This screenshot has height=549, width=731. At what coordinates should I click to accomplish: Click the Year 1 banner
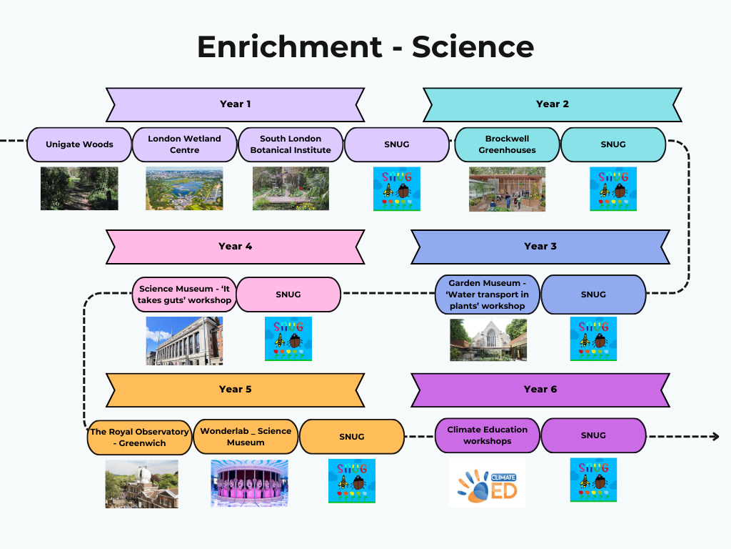click(x=235, y=104)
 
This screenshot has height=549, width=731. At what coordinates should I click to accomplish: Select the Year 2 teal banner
click(x=552, y=104)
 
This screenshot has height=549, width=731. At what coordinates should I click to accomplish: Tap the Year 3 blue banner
click(x=540, y=247)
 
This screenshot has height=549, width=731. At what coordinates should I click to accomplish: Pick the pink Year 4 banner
click(x=235, y=247)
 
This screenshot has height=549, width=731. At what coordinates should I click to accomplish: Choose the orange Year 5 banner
click(x=235, y=390)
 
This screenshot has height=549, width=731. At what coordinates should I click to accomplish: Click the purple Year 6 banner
click(x=540, y=390)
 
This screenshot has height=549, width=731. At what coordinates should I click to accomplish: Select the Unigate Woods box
click(x=79, y=144)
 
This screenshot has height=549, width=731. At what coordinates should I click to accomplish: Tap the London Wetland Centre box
click(x=184, y=144)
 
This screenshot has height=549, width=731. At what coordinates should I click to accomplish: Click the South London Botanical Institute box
click(x=290, y=144)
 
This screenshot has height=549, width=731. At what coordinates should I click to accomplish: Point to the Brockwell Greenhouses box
click(x=507, y=144)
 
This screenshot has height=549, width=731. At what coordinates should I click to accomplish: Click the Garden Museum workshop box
click(x=488, y=295)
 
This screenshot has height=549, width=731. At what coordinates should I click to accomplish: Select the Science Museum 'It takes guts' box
click(x=184, y=295)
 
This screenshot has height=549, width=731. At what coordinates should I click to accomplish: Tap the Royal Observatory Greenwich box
click(x=139, y=437)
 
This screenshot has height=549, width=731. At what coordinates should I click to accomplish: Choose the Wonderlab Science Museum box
click(x=246, y=437)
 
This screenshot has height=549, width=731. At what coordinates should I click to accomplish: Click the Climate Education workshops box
click(x=488, y=435)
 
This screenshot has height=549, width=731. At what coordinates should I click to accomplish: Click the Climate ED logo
click(x=487, y=483)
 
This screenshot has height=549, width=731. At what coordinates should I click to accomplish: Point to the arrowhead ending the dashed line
click(x=715, y=436)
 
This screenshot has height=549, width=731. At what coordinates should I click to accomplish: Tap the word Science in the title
click(x=473, y=47)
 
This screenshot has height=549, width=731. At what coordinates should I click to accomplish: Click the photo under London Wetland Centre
click(x=184, y=189)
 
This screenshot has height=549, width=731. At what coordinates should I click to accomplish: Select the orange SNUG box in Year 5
click(x=351, y=437)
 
